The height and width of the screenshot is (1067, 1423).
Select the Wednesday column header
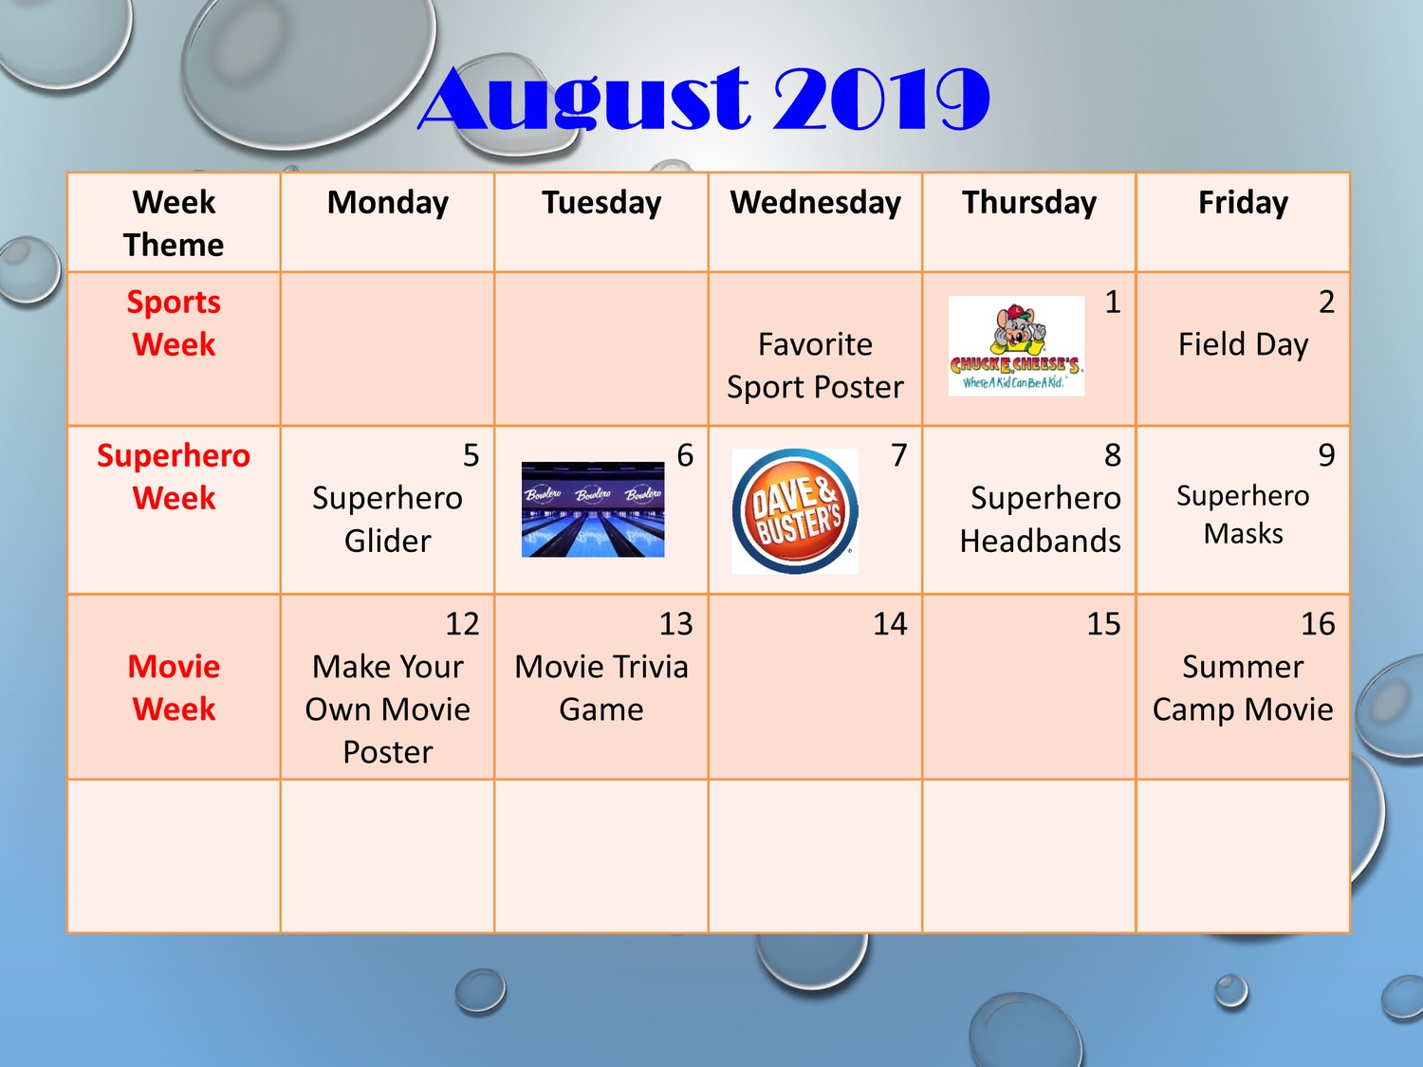click(x=816, y=202)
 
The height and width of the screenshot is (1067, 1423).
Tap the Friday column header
click(x=1243, y=203)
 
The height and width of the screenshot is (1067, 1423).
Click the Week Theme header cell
click(x=174, y=224)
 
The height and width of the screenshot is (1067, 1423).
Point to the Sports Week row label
click(x=174, y=322)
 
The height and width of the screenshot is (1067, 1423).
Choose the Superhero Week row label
click(x=174, y=476)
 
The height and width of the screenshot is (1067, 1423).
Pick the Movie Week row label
click(x=174, y=688)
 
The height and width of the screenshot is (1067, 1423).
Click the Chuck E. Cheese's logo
click(x=1016, y=346)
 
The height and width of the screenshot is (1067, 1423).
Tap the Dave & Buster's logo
click(x=795, y=511)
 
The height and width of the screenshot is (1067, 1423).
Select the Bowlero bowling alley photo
click(x=593, y=509)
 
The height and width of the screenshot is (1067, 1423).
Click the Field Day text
click(x=1243, y=344)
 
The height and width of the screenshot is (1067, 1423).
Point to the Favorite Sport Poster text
click(x=815, y=365)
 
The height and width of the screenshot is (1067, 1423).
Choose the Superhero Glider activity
click(x=387, y=519)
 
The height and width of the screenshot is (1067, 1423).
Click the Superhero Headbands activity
click(x=1041, y=519)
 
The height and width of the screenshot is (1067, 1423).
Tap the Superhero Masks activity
click(x=1243, y=514)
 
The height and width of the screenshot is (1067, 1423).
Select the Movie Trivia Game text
click(x=601, y=688)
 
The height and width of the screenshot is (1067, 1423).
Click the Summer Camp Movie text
click(x=1243, y=688)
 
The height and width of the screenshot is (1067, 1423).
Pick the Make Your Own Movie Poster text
click(x=387, y=708)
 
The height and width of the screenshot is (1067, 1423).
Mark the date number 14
click(x=890, y=624)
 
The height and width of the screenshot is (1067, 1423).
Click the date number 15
click(x=1103, y=624)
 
